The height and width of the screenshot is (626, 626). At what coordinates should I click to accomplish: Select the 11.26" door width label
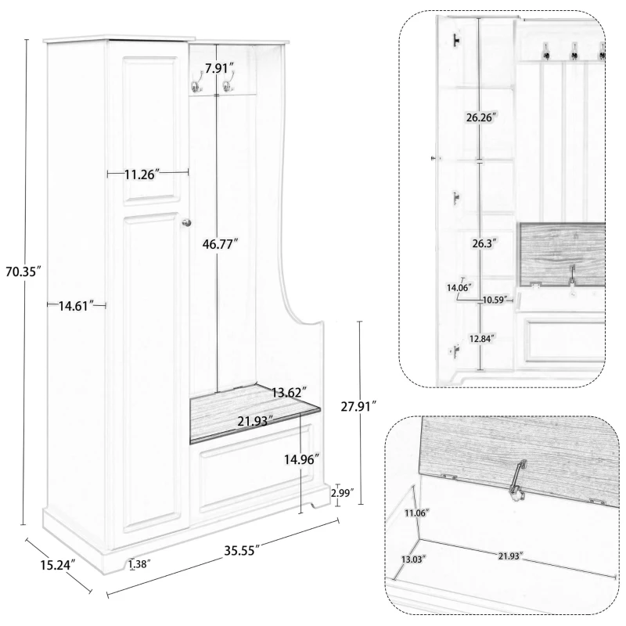142,174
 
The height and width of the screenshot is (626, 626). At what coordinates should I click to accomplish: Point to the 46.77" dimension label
220,244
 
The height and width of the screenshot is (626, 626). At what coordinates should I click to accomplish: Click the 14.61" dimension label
76,305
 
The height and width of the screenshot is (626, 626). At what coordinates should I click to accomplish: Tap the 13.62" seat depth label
290,393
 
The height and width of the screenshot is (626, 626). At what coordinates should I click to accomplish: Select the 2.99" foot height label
342,493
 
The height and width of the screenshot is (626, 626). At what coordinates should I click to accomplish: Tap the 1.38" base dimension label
139,563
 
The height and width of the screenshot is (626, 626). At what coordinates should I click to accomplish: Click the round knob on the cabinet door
186,225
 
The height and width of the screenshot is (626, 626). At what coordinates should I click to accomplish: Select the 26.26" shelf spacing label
480,117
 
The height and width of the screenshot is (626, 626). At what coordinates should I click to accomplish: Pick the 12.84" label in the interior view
482,338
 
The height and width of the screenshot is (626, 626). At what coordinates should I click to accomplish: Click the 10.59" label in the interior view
495,300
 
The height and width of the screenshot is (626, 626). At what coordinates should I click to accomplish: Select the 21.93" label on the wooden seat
255,421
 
